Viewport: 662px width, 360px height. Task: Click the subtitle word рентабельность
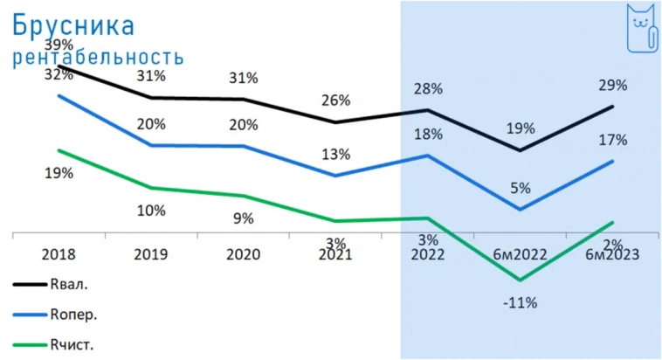[x=97, y=57]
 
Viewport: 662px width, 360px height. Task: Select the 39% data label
[x=59, y=45]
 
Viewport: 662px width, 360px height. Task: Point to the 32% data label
[x=59, y=74]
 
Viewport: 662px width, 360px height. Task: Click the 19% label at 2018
[x=59, y=173]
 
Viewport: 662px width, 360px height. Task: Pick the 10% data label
[x=151, y=210]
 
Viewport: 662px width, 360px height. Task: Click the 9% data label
[x=243, y=218]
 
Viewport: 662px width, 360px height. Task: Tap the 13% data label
[x=334, y=155]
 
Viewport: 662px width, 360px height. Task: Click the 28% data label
[x=428, y=89]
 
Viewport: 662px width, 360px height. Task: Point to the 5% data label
[x=521, y=186]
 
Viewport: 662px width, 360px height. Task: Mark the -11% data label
[x=521, y=303]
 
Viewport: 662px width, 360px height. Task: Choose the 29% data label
[x=613, y=86]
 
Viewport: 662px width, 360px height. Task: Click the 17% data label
[x=613, y=140]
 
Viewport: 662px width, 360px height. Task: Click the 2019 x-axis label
[x=151, y=255]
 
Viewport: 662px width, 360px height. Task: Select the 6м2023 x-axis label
[x=613, y=255]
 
